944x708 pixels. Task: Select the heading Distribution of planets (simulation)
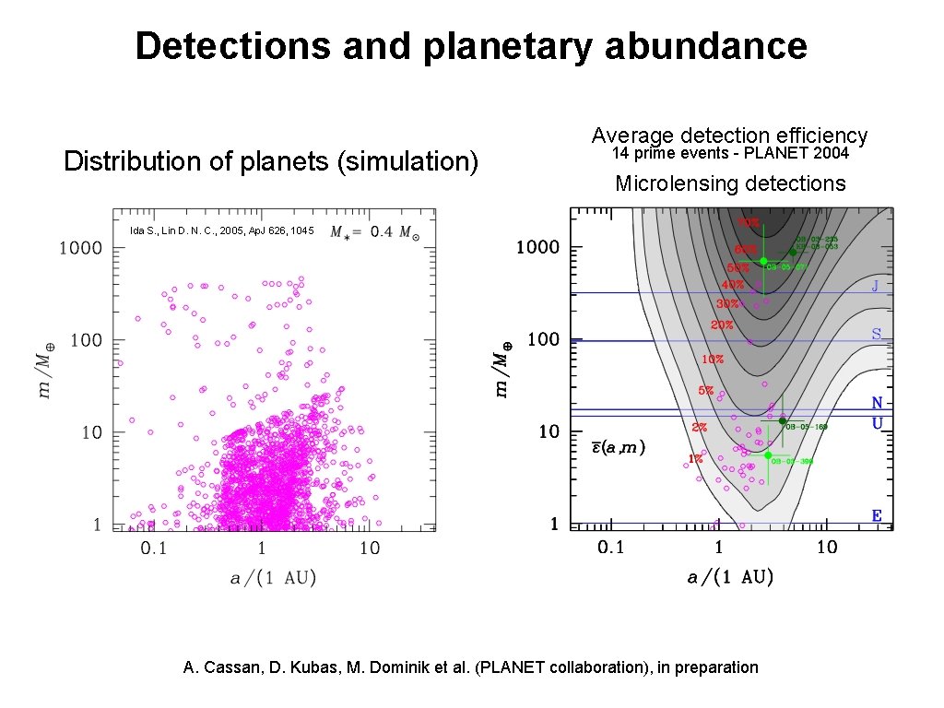pyautogui.click(x=271, y=162)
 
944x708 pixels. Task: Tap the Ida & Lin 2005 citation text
pyautogui.click(x=221, y=230)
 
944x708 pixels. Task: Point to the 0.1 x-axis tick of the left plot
pyautogui.click(x=153, y=549)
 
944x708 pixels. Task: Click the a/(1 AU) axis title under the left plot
pyautogui.click(x=273, y=578)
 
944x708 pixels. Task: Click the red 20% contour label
pyautogui.click(x=721, y=324)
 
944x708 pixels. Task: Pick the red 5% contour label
pyautogui.click(x=705, y=391)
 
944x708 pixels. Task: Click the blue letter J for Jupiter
pyautogui.click(x=875, y=286)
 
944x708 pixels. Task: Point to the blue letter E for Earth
pyautogui.click(x=877, y=516)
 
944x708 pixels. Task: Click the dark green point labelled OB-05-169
pyautogui.click(x=783, y=421)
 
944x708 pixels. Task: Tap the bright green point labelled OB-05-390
pyautogui.click(x=768, y=454)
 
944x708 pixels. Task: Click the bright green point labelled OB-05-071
pyautogui.click(x=762, y=261)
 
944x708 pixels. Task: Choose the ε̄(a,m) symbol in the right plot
pyautogui.click(x=618, y=448)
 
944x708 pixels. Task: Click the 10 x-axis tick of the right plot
pyautogui.click(x=826, y=548)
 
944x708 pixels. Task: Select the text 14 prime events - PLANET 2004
pyautogui.click(x=730, y=153)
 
